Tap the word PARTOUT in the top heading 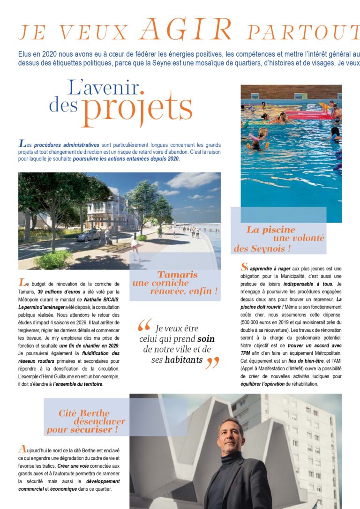tap(303, 32)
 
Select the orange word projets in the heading tap(136, 108)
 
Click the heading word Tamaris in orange tap(177, 275)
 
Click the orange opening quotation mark tap(145, 325)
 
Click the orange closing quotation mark tap(212, 362)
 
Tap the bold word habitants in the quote tap(184, 360)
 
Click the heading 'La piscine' tap(270, 230)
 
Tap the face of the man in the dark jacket tap(231, 434)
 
